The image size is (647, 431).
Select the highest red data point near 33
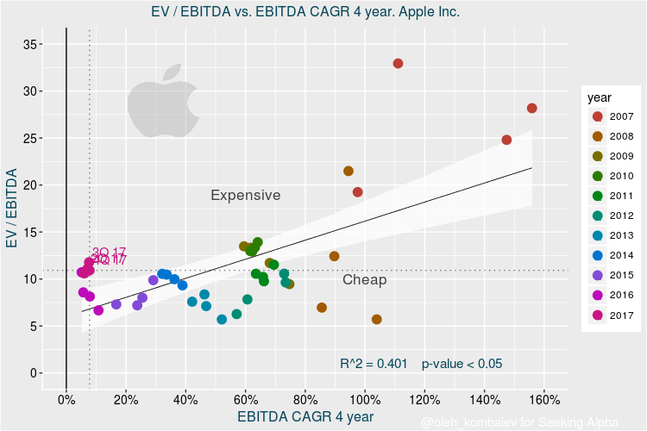click(x=398, y=64)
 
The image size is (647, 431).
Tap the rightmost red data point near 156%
click(x=531, y=109)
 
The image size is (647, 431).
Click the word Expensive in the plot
click(x=246, y=196)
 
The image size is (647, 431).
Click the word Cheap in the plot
click(x=364, y=280)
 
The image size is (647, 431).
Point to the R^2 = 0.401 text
click(x=374, y=364)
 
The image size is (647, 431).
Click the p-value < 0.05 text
click(x=462, y=364)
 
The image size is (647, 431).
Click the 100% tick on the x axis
click(x=365, y=399)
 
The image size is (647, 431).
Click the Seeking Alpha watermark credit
click(x=519, y=422)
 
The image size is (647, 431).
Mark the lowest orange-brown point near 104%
click(x=376, y=320)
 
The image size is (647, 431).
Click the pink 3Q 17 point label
click(x=109, y=253)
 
